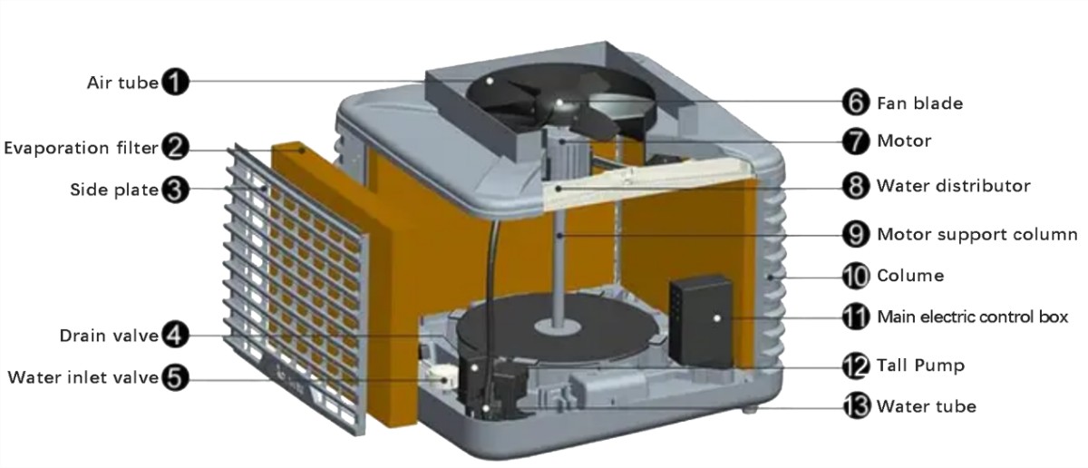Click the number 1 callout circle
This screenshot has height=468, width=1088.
[174, 82]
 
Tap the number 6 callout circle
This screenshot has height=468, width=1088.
[855, 102]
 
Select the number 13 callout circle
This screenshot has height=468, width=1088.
[855, 405]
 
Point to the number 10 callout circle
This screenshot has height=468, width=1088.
[855, 276]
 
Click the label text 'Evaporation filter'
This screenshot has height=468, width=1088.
[81, 148]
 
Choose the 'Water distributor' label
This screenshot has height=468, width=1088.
[954, 186]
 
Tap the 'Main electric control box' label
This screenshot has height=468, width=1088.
[972, 317]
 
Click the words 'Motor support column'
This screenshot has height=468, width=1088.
[976, 234]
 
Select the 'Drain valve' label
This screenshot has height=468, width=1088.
[109, 336]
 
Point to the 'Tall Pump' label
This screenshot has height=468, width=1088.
[920, 366]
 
